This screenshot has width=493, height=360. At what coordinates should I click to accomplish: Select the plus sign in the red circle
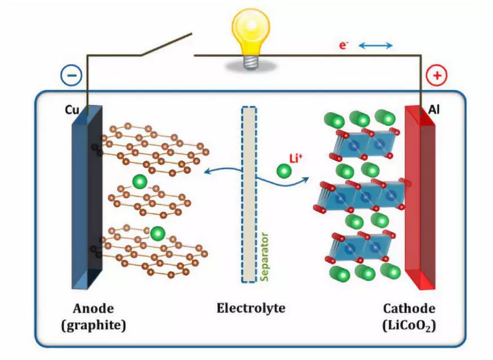pos(436,74)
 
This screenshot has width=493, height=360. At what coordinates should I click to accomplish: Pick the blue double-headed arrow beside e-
pos(376,46)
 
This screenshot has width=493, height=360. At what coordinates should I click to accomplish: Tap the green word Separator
pos(263,256)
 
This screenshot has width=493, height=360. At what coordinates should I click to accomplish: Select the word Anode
pos(94,309)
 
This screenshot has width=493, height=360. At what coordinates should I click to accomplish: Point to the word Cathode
pos(409,309)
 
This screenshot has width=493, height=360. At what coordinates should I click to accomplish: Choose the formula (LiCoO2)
pos(409,326)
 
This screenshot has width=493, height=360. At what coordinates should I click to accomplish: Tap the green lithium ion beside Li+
pos(284,169)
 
